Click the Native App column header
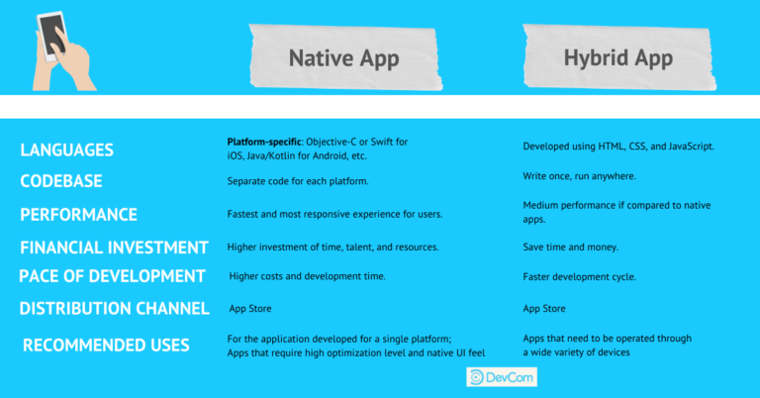click(343, 58)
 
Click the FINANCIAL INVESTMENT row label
click(114, 247)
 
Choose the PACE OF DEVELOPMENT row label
click(112, 275)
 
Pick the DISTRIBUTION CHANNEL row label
click(114, 308)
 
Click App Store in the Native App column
click(251, 308)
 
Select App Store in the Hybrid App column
click(546, 308)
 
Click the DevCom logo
click(501, 377)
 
